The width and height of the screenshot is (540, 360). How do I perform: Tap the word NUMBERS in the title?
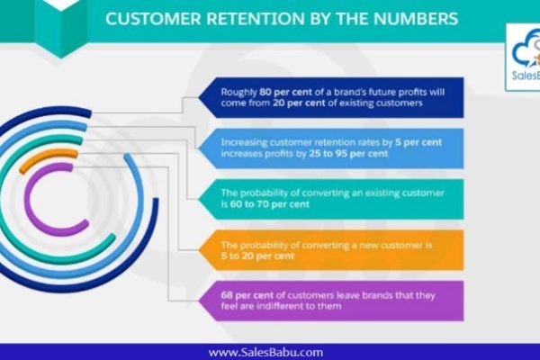click(x=416, y=19)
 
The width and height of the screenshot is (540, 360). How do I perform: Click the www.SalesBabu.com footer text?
click(x=265, y=353)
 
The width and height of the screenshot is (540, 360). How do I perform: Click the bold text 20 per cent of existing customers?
click(x=299, y=103)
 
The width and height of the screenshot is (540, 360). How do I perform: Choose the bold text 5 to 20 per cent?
click(x=257, y=256)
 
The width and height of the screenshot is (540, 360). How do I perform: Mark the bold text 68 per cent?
click(x=247, y=295)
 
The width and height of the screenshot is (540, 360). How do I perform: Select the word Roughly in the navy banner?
click(x=239, y=93)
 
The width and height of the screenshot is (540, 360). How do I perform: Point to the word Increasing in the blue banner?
click(x=244, y=142)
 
